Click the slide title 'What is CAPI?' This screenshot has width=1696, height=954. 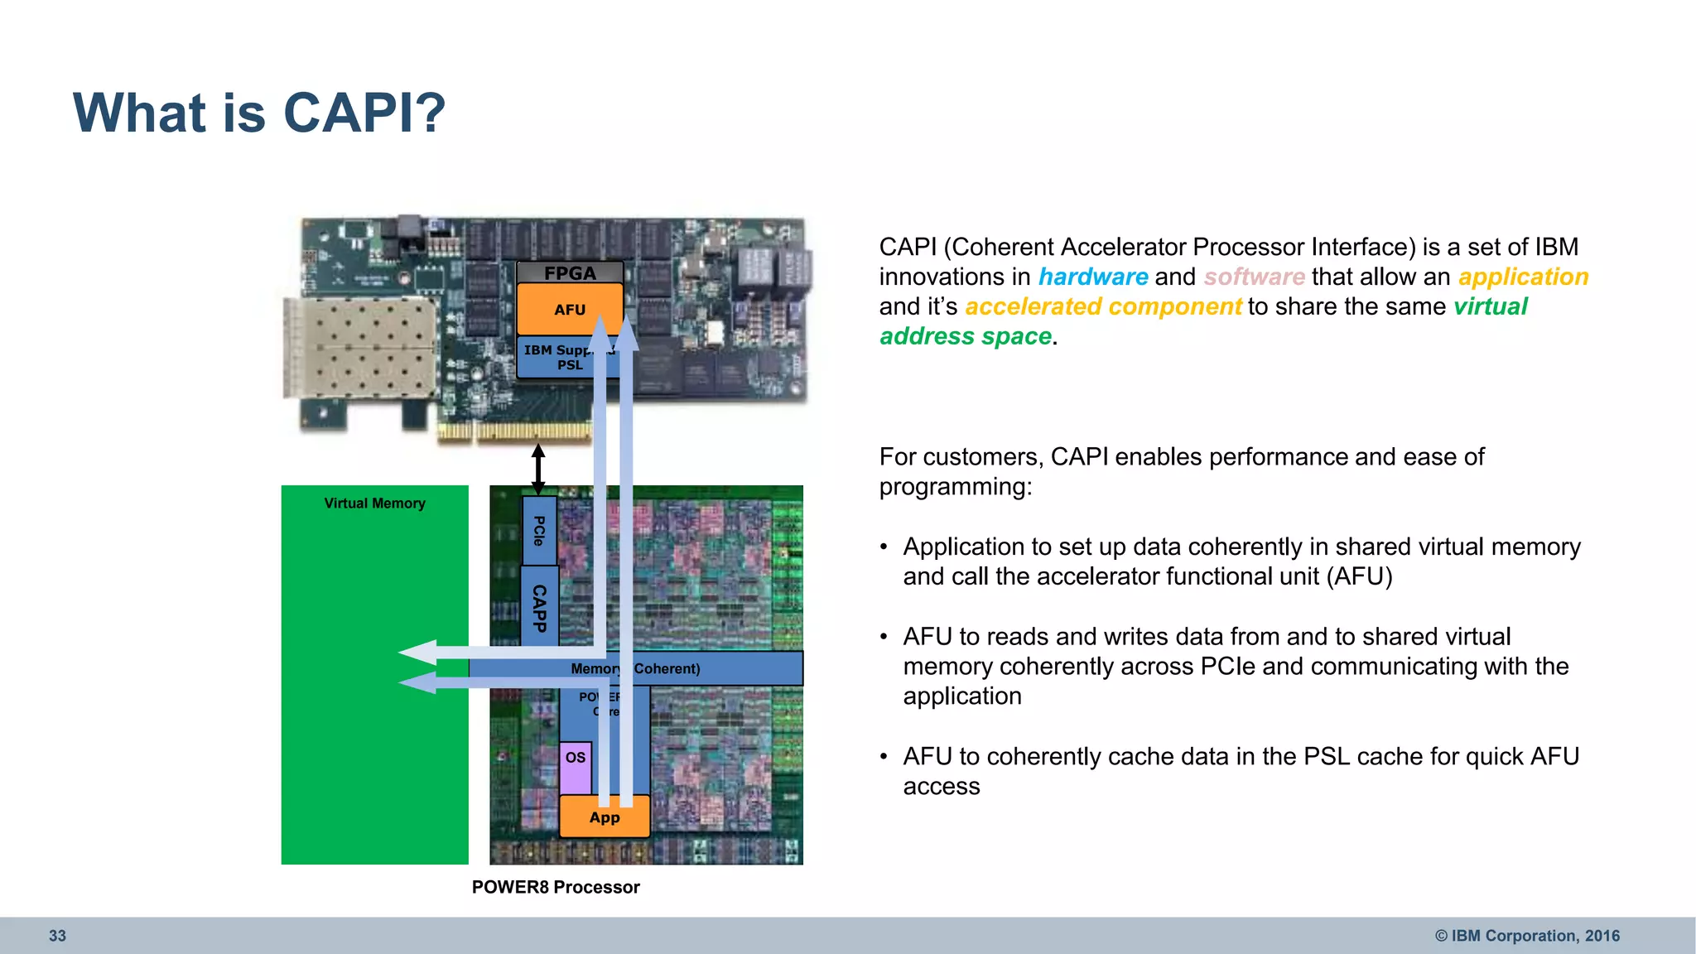tap(259, 113)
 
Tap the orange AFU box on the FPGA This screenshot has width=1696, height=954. tap(569, 309)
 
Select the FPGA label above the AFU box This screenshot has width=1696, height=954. tap(569, 272)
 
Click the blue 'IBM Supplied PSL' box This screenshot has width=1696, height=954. tap(556, 358)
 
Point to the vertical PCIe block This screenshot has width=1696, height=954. tap(538, 531)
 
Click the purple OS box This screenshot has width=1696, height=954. tap(575, 766)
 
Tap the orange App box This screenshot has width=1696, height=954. tap(604, 817)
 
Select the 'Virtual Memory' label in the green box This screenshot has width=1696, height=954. tap(374, 503)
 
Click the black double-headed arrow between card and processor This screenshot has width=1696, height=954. tap(538, 469)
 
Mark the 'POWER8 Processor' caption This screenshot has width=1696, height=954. tap(556, 887)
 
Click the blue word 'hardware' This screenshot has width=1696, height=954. tap(1093, 277)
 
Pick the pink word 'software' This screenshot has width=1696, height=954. tap(1254, 277)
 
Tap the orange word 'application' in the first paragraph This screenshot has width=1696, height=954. tap(1523, 277)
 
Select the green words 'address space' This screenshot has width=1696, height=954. tap(966, 336)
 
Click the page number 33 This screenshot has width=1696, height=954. tap(57, 936)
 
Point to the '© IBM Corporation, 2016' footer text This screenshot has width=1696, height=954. tap(1527, 936)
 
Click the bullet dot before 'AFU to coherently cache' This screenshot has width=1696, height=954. tap(884, 757)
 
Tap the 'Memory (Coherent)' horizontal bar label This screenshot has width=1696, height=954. tap(635, 668)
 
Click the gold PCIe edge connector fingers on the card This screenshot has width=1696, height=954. tap(513, 431)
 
